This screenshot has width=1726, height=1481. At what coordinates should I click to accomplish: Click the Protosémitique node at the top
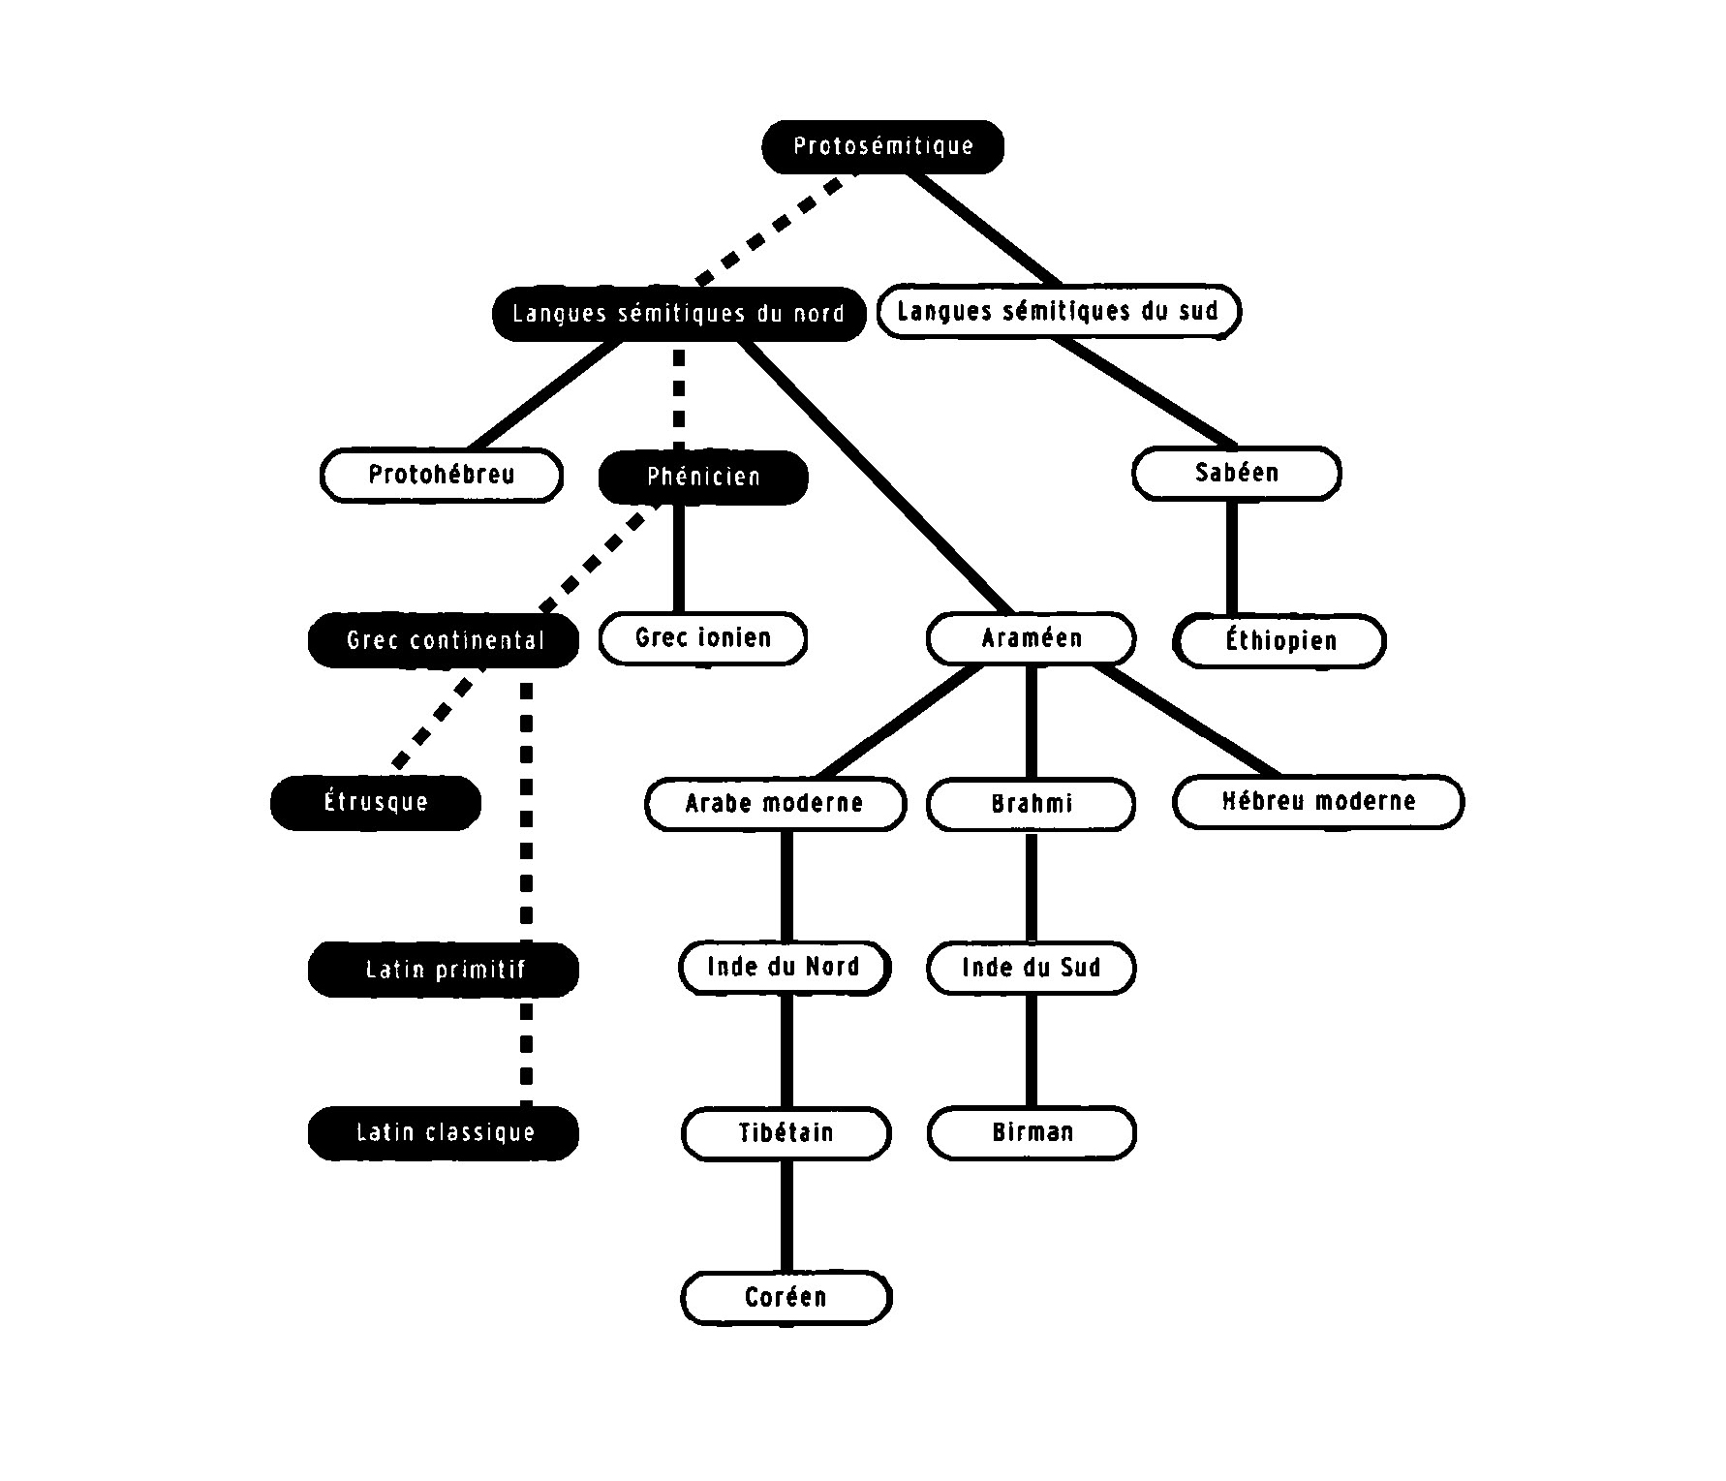[x=882, y=147]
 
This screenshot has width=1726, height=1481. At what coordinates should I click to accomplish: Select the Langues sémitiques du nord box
[x=678, y=314]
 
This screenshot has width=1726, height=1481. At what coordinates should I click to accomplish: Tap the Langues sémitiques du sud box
[x=1059, y=312]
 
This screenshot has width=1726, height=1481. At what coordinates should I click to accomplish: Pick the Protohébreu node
[x=442, y=475]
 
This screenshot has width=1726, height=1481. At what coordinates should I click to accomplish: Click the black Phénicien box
[x=703, y=477]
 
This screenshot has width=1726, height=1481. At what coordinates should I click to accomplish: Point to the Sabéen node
[x=1237, y=474]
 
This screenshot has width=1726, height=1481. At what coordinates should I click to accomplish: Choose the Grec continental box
[x=444, y=640]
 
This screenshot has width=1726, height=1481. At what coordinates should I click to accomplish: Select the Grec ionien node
[x=703, y=638]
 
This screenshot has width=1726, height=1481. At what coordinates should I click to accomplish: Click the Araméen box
[x=1031, y=638]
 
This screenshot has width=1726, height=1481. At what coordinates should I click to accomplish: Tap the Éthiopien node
[x=1280, y=641]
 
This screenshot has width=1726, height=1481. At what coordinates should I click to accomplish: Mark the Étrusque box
[x=376, y=803]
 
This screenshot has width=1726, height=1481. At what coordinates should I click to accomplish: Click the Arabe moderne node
[x=775, y=804]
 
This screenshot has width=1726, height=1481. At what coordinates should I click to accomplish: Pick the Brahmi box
[x=1031, y=804]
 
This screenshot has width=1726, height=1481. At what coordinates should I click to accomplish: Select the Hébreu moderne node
[x=1318, y=802]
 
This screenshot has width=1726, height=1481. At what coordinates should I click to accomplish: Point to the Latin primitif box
[x=444, y=970]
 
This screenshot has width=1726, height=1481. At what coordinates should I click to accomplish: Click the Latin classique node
[x=444, y=1133]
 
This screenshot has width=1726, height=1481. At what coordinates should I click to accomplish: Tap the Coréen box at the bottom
[x=786, y=1298]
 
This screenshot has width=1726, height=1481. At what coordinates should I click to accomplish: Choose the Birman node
[x=1032, y=1133]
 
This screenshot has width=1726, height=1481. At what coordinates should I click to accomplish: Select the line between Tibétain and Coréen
[x=786, y=1216]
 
